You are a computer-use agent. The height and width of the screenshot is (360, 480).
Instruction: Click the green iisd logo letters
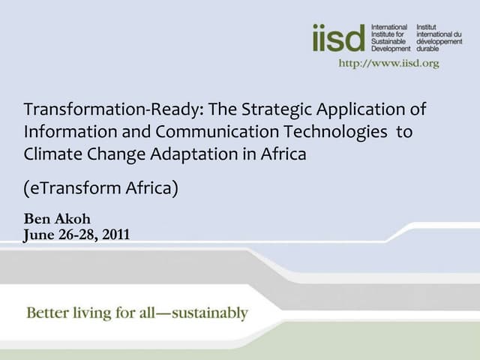(338, 37)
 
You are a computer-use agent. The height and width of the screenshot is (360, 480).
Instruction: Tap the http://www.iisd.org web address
(388, 63)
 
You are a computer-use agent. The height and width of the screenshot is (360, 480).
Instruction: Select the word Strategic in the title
(277, 109)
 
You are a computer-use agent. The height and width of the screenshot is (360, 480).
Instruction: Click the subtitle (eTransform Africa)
(101, 187)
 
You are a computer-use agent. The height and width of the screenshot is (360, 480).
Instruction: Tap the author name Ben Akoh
(57, 220)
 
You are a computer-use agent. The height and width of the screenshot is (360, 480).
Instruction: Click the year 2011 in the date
(115, 235)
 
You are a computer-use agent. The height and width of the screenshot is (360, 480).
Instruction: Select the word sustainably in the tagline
(210, 313)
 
